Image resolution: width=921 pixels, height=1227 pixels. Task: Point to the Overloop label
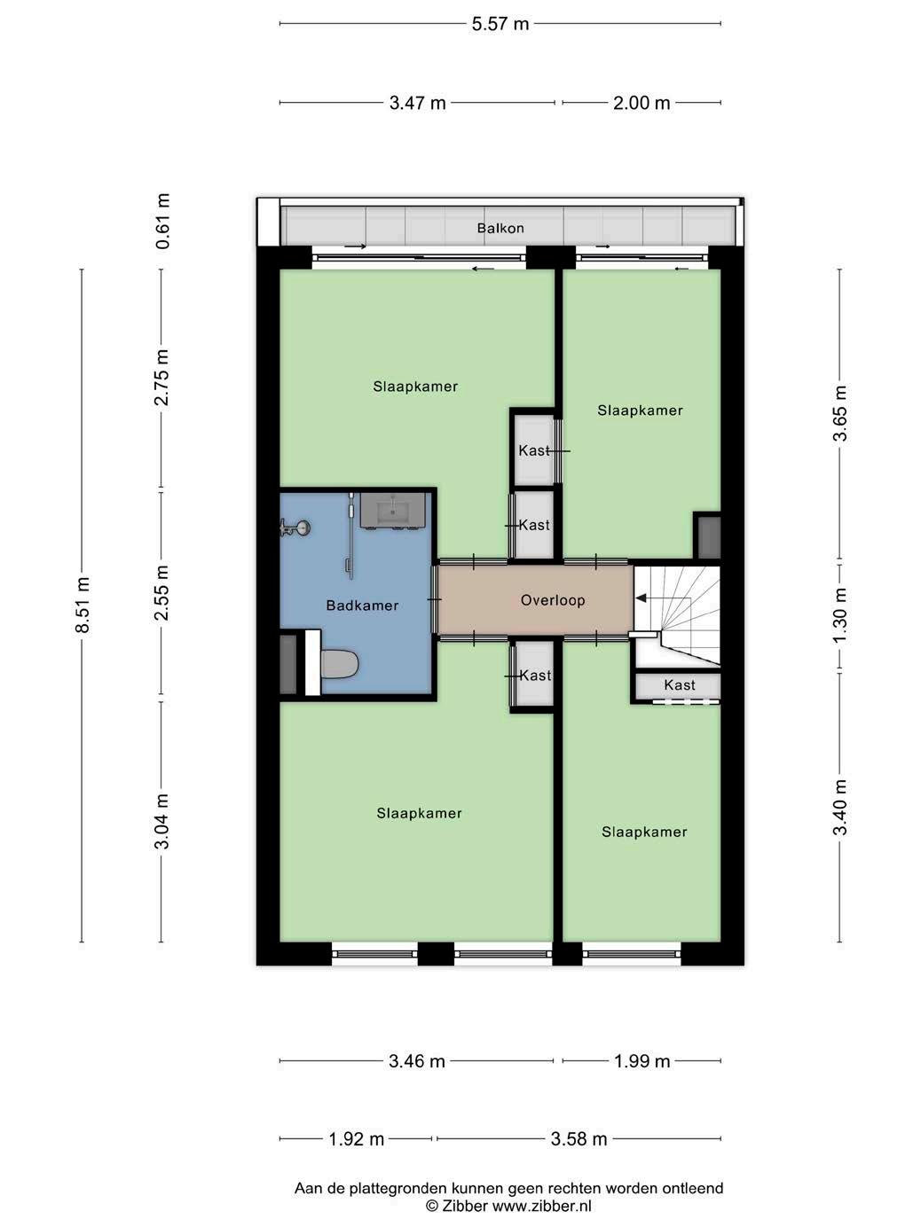[x=553, y=600]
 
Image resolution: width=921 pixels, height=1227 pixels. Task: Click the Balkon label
[x=500, y=228]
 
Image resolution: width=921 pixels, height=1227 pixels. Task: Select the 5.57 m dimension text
[x=500, y=24]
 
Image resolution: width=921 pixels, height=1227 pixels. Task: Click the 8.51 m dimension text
[x=83, y=605]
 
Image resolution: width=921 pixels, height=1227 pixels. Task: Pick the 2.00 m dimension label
[x=642, y=103]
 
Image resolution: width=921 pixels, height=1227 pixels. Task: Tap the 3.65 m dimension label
[x=840, y=413]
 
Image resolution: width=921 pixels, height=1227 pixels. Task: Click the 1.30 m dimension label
[x=840, y=615]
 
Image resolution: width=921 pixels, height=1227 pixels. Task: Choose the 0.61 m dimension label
[x=162, y=221]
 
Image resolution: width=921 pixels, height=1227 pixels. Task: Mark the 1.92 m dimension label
[x=356, y=1138]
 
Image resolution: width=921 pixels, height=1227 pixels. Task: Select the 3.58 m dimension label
[x=579, y=1138]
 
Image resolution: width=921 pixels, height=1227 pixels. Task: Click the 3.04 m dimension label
[x=162, y=821]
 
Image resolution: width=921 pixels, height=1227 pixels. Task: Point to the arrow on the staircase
[x=665, y=598]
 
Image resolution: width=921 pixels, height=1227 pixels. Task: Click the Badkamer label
[x=362, y=606]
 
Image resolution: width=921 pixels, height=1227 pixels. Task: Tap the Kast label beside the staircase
[x=680, y=684]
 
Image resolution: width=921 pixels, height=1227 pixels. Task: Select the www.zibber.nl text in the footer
[x=541, y=1206]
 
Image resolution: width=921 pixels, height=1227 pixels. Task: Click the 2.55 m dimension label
[x=162, y=592]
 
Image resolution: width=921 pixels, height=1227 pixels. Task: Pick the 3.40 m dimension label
[x=840, y=807]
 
